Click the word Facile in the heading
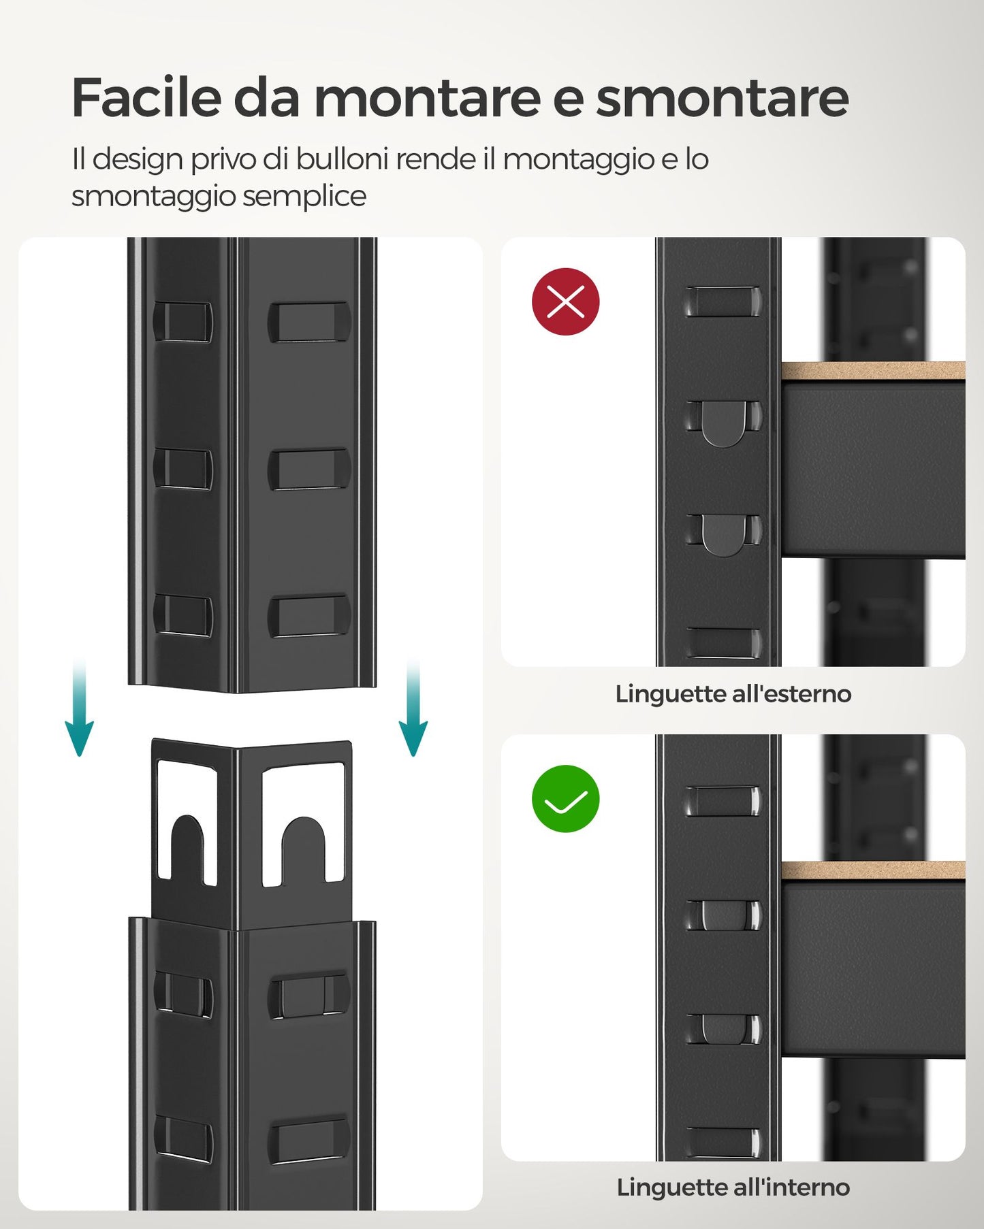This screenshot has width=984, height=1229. coord(146,98)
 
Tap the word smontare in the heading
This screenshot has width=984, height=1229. coord(722,98)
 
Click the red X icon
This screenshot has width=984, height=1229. coord(565,301)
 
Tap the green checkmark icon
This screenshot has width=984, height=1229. coord(565,799)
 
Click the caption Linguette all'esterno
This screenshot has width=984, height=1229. coord(733,694)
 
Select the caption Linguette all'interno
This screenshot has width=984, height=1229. coord(733,1187)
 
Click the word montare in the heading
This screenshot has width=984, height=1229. coord(426,98)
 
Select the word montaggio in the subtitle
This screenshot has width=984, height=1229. coord(578,159)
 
